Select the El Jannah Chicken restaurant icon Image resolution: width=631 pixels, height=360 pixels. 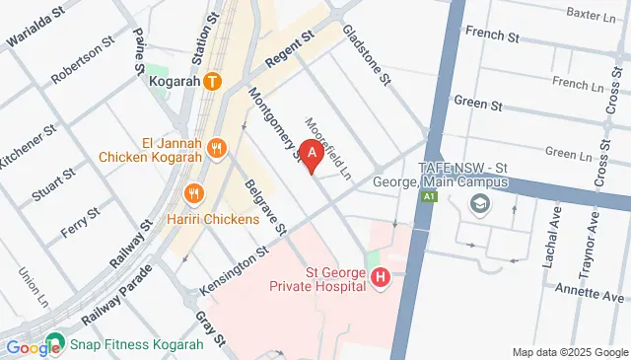[x=219, y=149]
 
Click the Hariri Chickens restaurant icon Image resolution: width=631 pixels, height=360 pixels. [x=194, y=194]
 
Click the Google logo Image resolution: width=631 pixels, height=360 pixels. [x=33, y=347]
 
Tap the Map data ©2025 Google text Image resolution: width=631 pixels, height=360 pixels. [x=569, y=352]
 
